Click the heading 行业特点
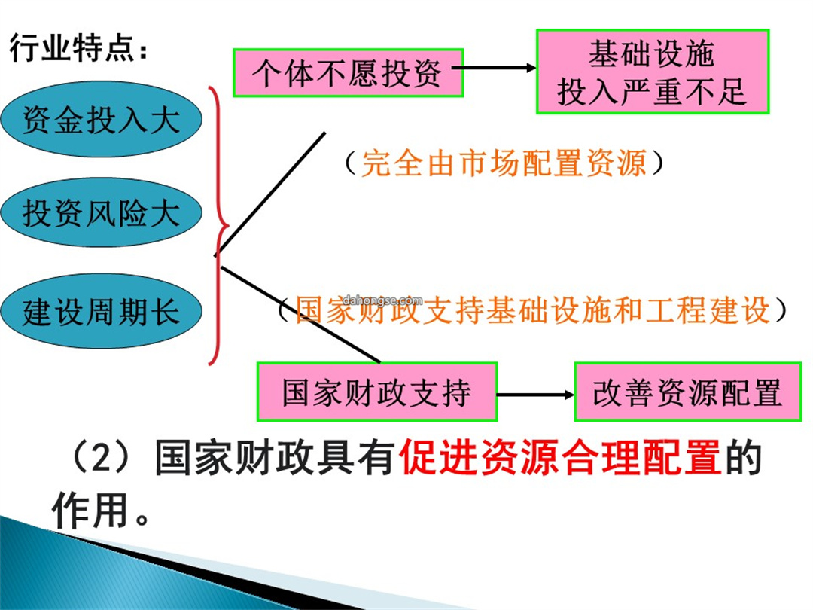click(x=72, y=48)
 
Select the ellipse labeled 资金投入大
click(x=101, y=119)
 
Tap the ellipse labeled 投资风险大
click(x=101, y=212)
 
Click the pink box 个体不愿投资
click(x=348, y=72)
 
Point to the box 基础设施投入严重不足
click(x=652, y=72)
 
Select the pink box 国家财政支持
click(x=377, y=392)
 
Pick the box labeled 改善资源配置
click(x=687, y=392)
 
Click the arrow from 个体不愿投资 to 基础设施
click(x=494, y=68)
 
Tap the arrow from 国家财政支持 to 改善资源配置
click(x=536, y=395)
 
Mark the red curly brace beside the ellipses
click(x=219, y=226)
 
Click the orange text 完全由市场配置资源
click(x=504, y=163)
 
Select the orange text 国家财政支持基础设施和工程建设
click(x=532, y=310)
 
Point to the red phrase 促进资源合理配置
click(x=561, y=457)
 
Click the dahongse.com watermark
click(x=382, y=300)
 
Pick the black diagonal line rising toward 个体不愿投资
click(x=269, y=194)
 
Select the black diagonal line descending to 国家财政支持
click(x=300, y=314)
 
